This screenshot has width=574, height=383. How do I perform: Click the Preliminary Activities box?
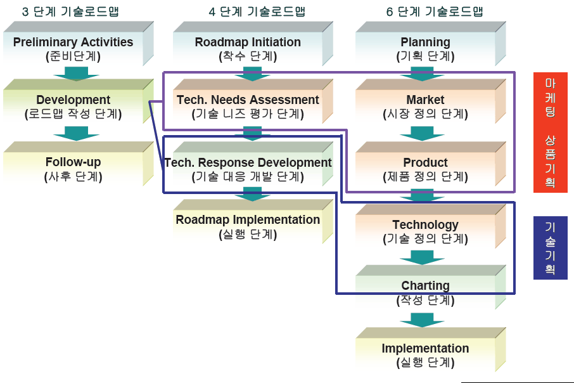(x=73, y=48)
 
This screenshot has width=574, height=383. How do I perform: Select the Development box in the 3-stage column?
(x=73, y=107)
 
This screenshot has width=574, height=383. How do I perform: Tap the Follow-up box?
(x=73, y=169)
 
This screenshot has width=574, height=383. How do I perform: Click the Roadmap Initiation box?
(x=248, y=48)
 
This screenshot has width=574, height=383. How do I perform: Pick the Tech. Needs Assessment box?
(x=248, y=107)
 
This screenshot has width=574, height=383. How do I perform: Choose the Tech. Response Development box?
(x=248, y=169)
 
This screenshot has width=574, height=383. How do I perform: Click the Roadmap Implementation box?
(x=248, y=226)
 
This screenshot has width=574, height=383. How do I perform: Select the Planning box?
(x=426, y=48)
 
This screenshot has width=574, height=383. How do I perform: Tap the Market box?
(x=426, y=107)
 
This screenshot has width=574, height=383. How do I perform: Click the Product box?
(x=426, y=169)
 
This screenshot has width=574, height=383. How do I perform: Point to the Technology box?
(x=426, y=231)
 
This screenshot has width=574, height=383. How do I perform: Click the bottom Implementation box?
(x=426, y=354)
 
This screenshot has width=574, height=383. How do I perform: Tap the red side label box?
(x=550, y=133)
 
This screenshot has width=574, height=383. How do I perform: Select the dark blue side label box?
(x=550, y=247)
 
